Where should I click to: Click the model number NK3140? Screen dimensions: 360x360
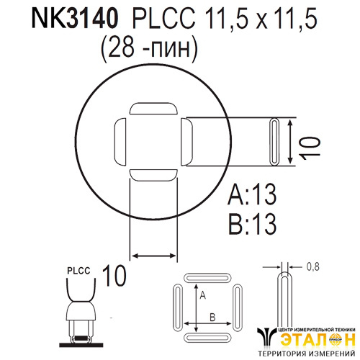[75, 19]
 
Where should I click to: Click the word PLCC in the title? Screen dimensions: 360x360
[164, 19]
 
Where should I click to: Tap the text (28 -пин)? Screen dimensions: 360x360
[149, 49]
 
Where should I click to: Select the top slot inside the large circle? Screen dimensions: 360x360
[153, 108]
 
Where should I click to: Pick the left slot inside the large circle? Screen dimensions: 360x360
[120, 142]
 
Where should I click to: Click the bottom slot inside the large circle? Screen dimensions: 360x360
[153, 175]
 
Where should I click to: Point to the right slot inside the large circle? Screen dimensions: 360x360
[186, 142]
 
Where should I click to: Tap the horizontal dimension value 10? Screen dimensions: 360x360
[114, 276]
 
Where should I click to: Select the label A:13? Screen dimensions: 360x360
[252, 194]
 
